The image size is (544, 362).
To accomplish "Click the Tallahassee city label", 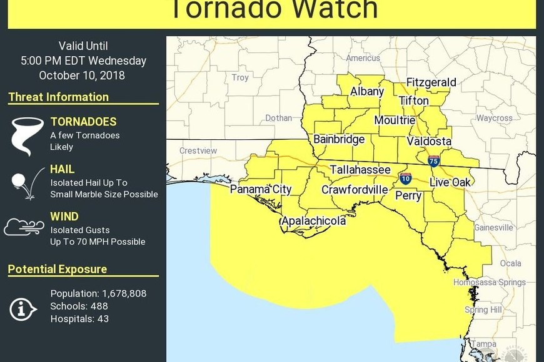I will (360, 170).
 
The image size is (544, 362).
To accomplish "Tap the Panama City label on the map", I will (261, 189).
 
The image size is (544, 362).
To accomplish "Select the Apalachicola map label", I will (313, 221).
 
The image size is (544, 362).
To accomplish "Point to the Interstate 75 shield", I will (434, 161).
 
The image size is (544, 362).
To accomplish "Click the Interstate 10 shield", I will (406, 179).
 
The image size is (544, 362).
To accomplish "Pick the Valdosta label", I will (429, 141).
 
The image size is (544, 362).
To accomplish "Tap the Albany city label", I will (367, 91).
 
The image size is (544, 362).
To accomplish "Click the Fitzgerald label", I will (431, 82).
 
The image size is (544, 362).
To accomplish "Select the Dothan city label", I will (278, 117).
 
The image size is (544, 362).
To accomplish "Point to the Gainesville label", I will (493, 228).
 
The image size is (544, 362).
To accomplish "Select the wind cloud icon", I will (24, 227).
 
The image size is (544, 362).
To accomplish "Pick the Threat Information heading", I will (59, 97).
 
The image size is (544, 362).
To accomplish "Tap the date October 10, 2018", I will (82, 76).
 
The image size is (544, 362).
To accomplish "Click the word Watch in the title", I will (325, 9).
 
